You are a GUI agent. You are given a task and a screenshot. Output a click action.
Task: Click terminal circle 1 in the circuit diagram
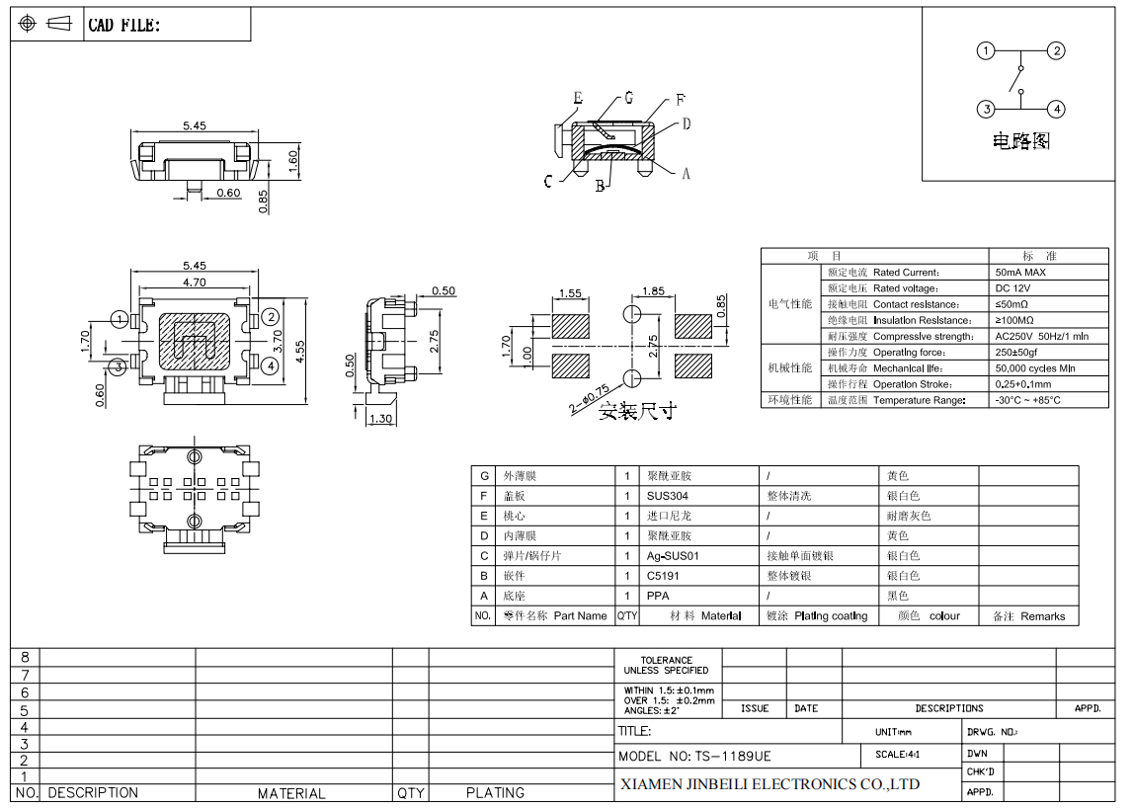[x=985, y=51]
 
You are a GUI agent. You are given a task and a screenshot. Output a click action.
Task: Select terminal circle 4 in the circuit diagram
[x=1056, y=110]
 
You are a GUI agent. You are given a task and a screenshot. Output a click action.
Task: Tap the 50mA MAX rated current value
[x=1020, y=273]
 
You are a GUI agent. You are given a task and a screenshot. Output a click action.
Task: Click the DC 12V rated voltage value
[x=1014, y=288]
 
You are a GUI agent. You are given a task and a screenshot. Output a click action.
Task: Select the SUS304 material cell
[x=668, y=496]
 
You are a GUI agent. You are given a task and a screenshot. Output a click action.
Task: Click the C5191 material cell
[x=664, y=576]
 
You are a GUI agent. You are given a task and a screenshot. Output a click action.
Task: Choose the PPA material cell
[x=658, y=596]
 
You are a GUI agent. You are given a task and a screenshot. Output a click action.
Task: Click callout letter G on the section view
[x=628, y=99]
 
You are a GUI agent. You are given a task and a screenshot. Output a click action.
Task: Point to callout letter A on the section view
[x=686, y=173]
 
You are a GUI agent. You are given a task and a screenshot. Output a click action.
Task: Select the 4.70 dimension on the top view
[x=194, y=283]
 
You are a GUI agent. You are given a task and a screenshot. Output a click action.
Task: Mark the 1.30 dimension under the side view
[x=379, y=419]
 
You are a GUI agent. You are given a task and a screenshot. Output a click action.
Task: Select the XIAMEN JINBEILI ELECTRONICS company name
[x=769, y=784]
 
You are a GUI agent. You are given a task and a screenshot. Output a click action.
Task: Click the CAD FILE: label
[x=123, y=26]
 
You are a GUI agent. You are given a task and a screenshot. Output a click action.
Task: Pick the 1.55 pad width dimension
[x=570, y=293]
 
